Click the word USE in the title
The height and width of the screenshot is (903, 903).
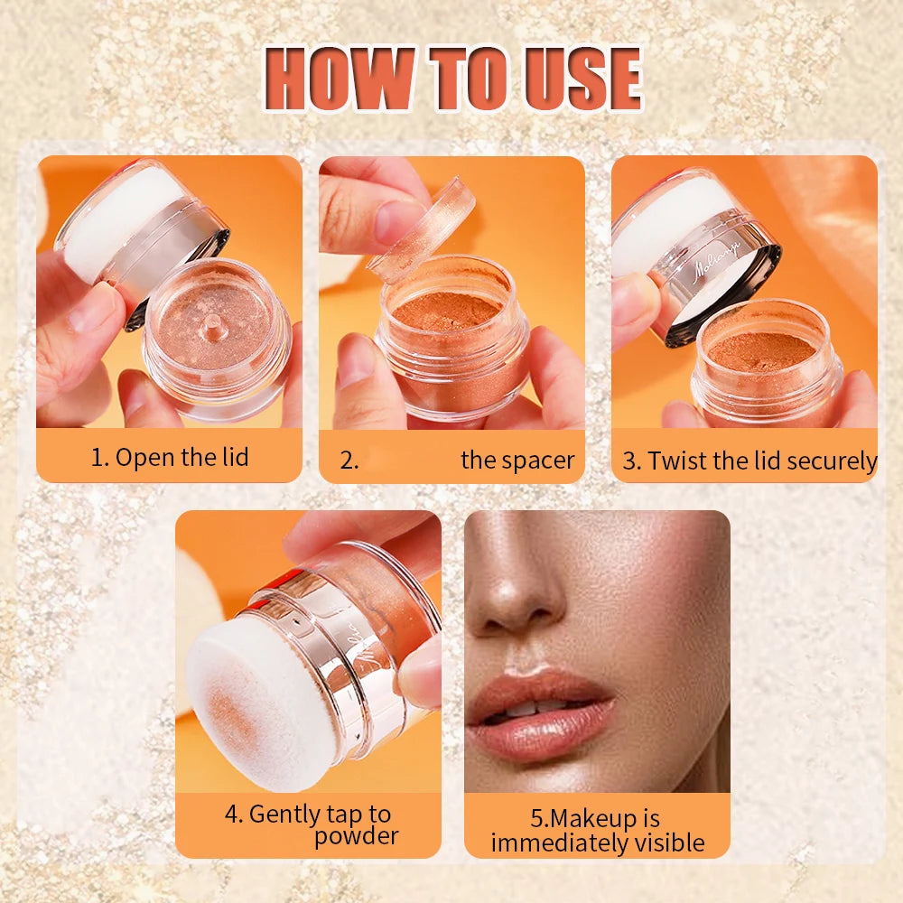pos(582,79)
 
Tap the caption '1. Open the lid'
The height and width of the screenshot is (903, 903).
pos(170,458)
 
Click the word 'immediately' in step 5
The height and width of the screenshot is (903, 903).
pos(562,843)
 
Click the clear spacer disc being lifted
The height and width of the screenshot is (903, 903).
pos(422,230)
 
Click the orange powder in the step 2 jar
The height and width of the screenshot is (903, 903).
pos(447,312)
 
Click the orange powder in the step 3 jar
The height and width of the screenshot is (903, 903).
pos(761,350)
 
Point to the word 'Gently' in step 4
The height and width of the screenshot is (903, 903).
pos(282,815)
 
